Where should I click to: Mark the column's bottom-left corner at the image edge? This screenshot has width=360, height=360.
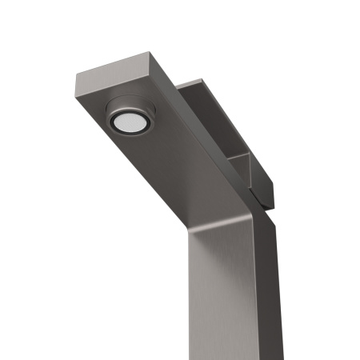pyautogui.click(x=189, y=358)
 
